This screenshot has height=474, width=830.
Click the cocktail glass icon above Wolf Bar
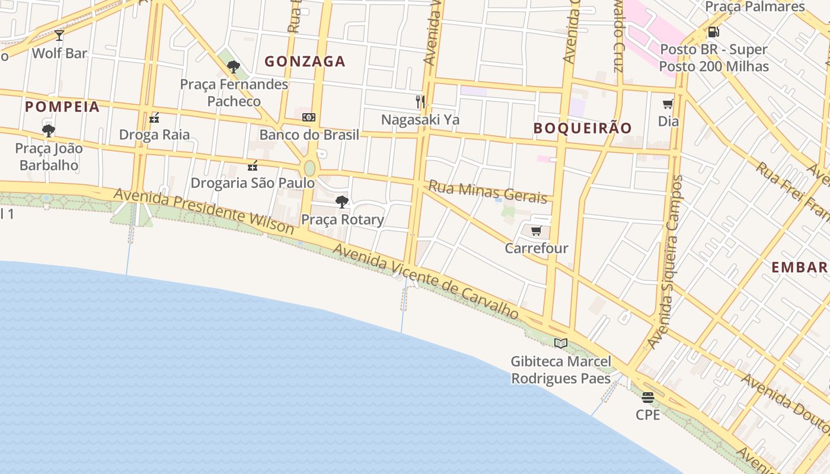pos(59,36)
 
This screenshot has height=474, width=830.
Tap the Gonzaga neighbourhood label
pos(305,62)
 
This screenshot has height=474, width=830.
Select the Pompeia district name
pos(62,107)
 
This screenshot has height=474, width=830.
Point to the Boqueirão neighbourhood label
pos(582,128)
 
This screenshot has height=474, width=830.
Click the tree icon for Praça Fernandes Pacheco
pos(234,66)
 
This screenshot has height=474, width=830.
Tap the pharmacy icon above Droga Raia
pos(154,117)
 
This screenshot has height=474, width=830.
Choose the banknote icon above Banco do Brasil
pos(309,117)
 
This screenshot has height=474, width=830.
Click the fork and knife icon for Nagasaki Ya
pos(420,102)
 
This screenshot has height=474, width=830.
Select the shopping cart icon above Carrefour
pos(536,231)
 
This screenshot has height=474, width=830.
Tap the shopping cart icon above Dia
pos(668,104)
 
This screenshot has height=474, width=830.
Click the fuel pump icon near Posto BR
pos(714,32)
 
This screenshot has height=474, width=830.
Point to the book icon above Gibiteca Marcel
pos(561,343)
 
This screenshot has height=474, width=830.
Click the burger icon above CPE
pos(647,398)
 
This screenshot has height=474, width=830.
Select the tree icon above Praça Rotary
pos(342,202)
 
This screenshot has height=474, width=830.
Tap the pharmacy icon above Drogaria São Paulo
pos(253,165)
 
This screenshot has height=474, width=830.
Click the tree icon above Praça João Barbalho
pos(49,130)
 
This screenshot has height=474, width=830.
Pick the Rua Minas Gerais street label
pos(487,191)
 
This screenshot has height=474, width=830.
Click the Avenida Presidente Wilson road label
pos(203,211)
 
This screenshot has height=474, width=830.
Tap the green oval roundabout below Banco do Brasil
pos(309,168)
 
